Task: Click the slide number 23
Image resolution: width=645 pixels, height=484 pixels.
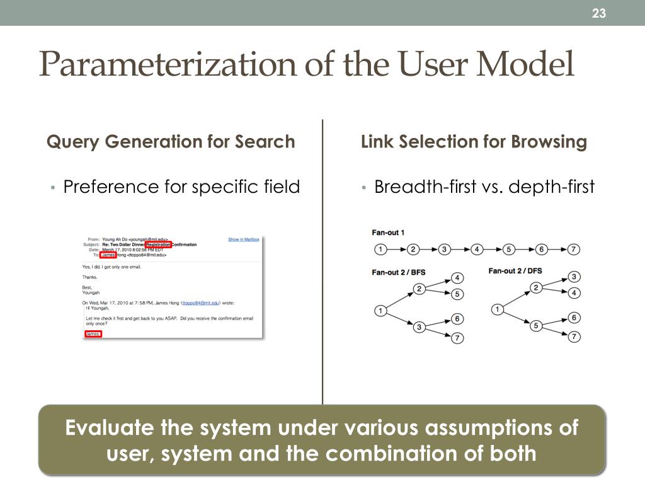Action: [598, 13]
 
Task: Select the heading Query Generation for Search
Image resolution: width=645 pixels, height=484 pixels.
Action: [171, 142]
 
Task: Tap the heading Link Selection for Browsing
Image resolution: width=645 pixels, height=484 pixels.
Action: [474, 142]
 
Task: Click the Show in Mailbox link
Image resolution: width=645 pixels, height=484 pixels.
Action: [243, 239]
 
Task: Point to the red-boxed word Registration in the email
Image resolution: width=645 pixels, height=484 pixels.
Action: [158, 245]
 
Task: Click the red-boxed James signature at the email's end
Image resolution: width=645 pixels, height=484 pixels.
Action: [93, 333]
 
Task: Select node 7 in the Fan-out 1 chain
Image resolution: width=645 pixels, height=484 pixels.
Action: [573, 250]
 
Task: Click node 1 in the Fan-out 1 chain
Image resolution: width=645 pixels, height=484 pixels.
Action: [380, 250]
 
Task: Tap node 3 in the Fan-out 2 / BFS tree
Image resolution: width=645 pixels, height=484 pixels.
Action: [420, 327]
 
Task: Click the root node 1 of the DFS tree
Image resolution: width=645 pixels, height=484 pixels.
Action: [498, 309]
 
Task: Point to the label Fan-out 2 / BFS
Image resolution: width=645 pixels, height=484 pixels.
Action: [398, 272]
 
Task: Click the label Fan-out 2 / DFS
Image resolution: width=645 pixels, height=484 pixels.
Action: [515, 271]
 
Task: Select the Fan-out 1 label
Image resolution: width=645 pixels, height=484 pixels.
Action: [388, 233]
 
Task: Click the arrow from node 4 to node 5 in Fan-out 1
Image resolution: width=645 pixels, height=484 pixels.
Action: [493, 250]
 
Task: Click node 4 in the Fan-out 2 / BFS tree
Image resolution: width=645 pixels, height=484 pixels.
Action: [458, 278]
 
